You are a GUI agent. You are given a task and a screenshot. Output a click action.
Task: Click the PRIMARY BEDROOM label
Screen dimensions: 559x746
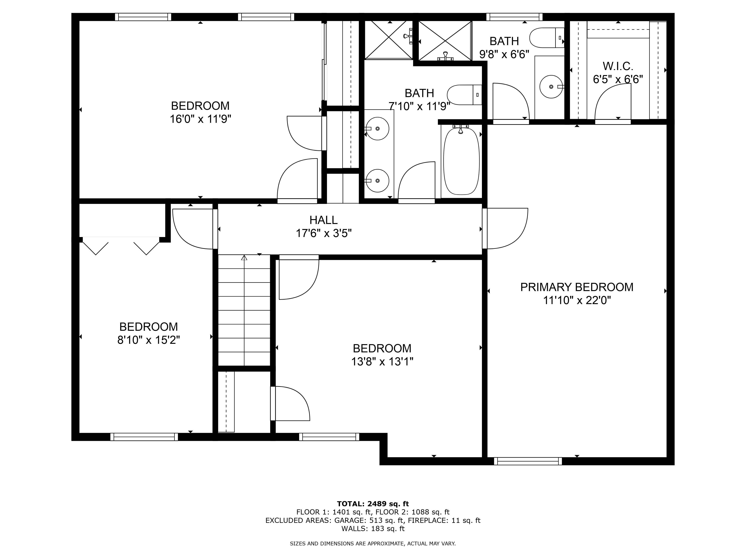pos(577,287)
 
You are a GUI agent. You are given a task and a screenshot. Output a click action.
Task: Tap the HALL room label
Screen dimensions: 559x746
pos(323,220)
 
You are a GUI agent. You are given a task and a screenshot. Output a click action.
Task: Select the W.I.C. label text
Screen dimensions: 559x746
pos(618,66)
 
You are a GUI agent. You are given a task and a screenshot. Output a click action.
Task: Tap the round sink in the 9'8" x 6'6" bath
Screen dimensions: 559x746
pos(551,87)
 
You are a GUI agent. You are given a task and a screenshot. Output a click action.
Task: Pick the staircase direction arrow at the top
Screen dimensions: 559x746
pos(244,258)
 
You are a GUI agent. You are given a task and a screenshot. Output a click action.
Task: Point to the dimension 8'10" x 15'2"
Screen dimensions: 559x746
pos(148,340)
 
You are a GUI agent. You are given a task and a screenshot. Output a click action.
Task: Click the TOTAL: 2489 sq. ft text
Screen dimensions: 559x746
pos(373,504)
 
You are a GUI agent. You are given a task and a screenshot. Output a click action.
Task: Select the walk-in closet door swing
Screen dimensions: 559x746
pos(612,101)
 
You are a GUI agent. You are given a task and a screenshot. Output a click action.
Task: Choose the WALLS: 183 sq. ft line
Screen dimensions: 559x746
pos(373,528)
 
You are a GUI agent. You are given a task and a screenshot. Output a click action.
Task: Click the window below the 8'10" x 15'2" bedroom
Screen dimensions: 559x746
pos(144,437)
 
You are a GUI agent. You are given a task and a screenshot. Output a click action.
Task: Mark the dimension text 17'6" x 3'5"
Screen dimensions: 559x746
pos(323,233)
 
